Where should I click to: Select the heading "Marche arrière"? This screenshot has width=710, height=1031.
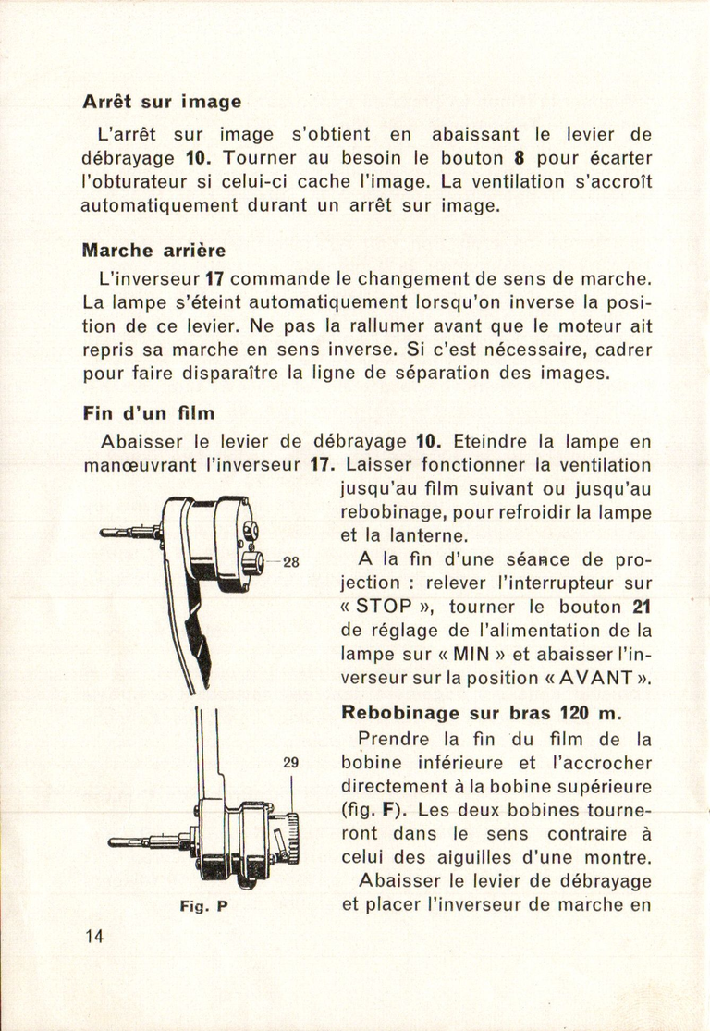click(153, 250)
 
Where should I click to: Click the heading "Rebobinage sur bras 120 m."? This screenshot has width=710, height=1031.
click(482, 713)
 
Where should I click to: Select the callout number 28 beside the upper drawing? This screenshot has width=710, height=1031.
click(290, 561)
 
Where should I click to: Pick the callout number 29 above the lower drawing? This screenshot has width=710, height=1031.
click(290, 763)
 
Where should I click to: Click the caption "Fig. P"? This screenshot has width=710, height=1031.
click(202, 907)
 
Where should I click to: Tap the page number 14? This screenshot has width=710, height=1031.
click(93, 935)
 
